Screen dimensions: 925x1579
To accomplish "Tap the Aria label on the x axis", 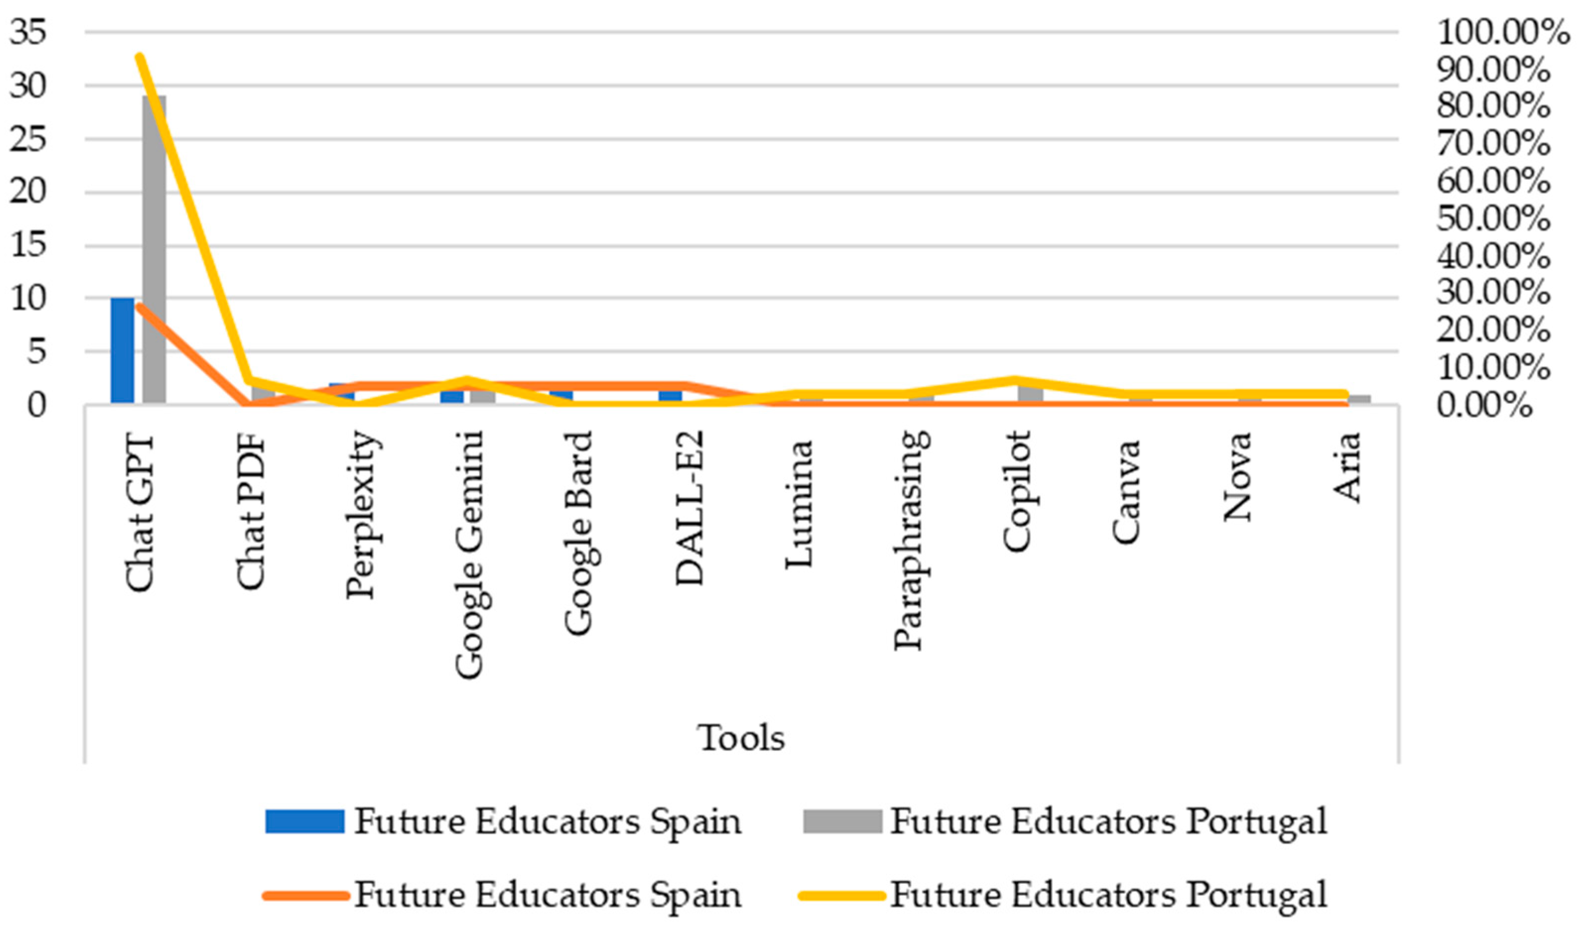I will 1347,466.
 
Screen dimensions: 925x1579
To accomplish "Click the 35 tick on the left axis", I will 28,31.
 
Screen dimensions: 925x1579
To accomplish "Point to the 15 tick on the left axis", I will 28,245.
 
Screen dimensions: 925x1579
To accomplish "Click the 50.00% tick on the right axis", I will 1494,219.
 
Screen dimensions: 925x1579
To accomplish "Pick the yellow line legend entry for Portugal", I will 1065,894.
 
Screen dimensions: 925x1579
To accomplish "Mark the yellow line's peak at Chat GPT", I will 140,57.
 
